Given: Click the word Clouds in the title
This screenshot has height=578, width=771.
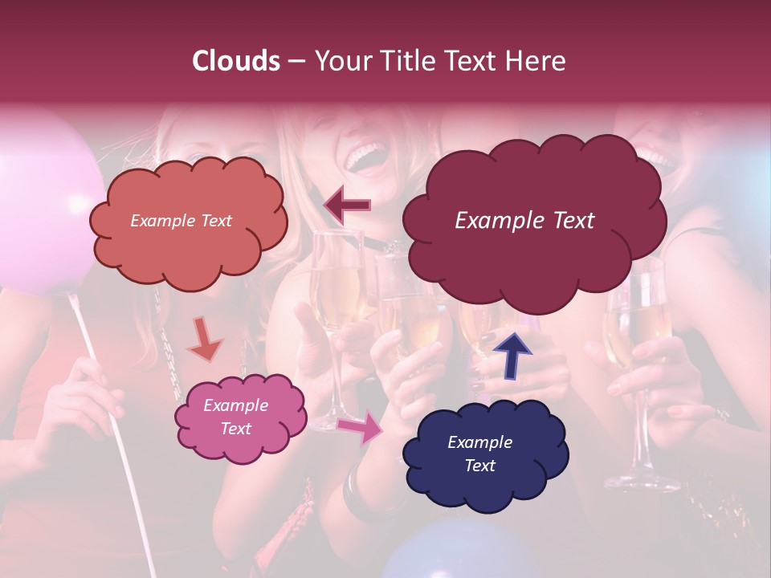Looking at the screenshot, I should pos(235,61).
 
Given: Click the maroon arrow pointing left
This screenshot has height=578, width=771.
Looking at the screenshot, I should pos(347,206).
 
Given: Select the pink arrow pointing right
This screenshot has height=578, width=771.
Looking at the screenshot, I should pos(360,427).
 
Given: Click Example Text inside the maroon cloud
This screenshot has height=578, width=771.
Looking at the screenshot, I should pos(524,221).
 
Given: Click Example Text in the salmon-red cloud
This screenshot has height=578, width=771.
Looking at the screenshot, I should pos(181,221).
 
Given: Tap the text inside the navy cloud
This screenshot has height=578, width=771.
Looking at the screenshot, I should pos(479,454).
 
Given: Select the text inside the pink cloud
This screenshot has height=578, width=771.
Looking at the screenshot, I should pos(235,417).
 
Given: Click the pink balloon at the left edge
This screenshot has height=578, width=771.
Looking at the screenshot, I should pos(36,201).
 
